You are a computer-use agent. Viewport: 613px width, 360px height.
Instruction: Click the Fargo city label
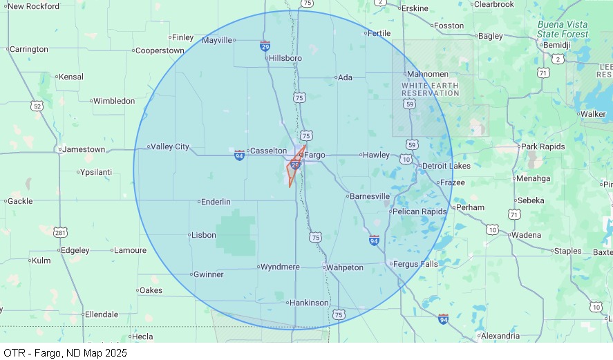[315, 155]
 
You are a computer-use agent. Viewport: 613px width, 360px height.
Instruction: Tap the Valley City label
[170, 146]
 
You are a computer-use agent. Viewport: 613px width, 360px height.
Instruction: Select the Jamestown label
[84, 149]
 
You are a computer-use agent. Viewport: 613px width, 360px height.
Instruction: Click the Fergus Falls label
[415, 264]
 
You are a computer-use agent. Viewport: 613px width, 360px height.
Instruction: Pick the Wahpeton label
[345, 267]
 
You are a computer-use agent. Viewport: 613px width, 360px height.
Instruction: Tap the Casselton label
[268, 151]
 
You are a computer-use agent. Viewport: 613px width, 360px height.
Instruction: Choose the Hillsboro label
[285, 58]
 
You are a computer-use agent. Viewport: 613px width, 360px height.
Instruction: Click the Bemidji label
[558, 45]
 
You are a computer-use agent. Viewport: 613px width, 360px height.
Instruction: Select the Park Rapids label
[543, 146]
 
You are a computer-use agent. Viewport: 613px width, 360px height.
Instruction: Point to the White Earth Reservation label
[430, 89]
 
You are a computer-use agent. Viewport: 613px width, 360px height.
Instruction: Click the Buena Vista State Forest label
[563, 29]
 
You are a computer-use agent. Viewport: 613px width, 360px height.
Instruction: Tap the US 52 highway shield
[37, 106]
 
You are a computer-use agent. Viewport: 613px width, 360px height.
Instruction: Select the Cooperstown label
[160, 50]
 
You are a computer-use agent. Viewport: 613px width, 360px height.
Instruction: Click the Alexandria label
[500, 337]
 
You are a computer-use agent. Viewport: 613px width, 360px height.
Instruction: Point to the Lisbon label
[204, 235]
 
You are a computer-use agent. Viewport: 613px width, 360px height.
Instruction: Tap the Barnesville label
[370, 196]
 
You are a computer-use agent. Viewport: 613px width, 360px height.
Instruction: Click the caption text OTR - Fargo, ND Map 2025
[66, 353]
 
